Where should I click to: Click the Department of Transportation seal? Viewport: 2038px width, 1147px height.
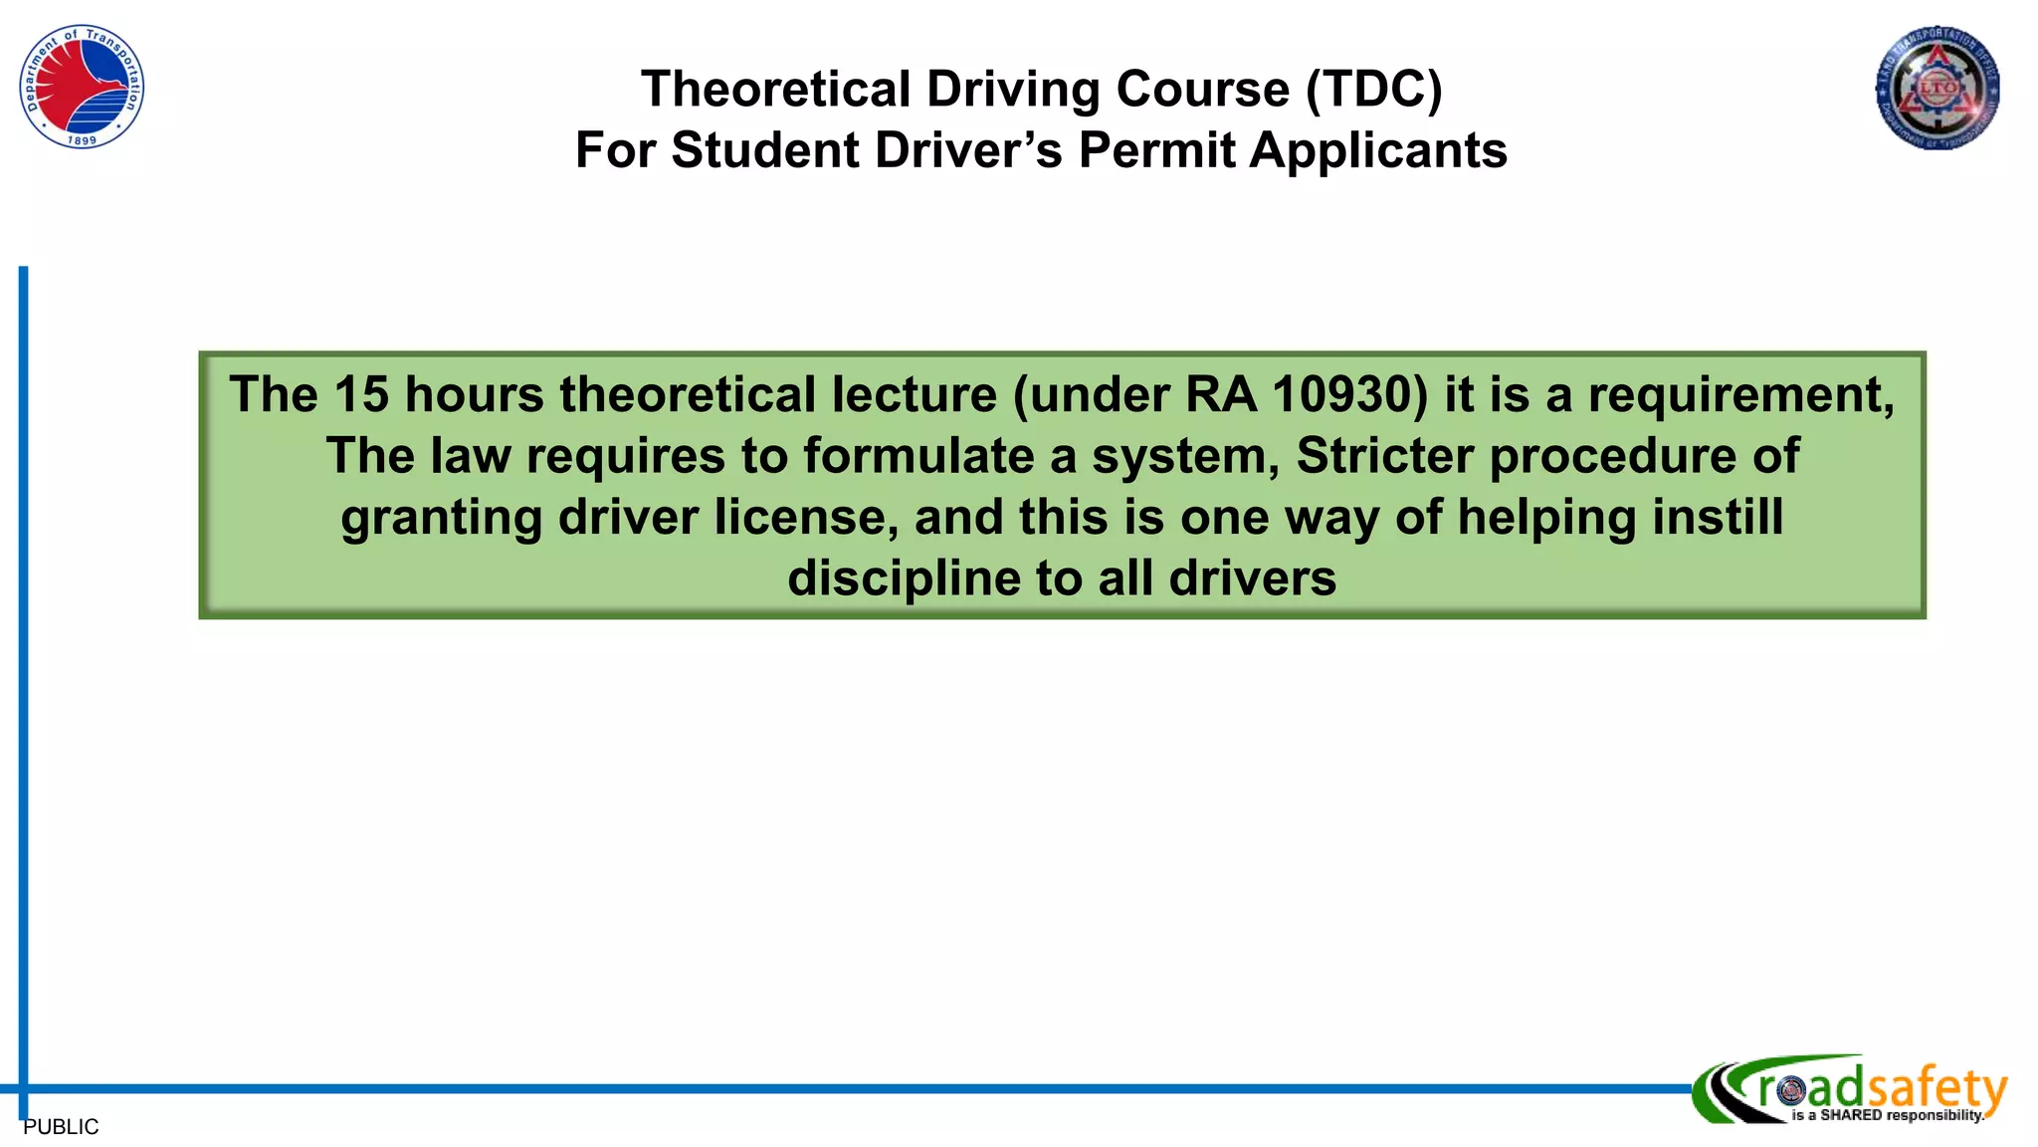[82, 87]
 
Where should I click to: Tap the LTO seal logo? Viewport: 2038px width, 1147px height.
[1937, 88]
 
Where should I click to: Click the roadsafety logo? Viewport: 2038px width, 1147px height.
[1851, 1090]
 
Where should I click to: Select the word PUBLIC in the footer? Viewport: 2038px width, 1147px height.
[61, 1127]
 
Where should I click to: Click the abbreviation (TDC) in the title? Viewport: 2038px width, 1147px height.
[1373, 90]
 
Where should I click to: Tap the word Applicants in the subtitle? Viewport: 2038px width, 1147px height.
[1378, 150]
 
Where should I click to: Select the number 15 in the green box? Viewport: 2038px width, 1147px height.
[361, 394]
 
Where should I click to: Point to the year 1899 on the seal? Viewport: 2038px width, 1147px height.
[82, 140]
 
